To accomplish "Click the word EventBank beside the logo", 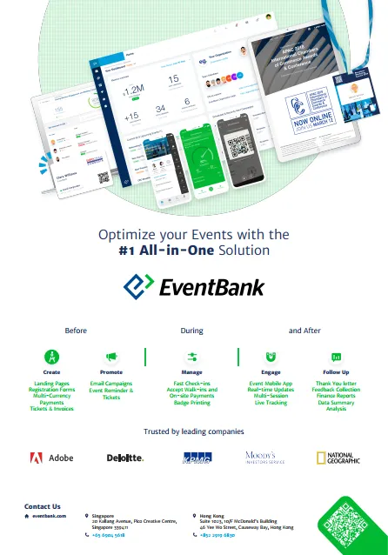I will [210, 286].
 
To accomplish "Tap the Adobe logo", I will [51, 458].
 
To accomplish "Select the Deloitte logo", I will [124, 458].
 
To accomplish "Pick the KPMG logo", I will [197, 458].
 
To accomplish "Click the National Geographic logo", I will [334, 458].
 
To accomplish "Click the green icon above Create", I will [51, 357].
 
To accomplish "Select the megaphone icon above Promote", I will [111, 357].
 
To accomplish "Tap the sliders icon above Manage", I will [193, 357].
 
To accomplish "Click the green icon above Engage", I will [271, 357].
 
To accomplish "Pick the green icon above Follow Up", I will [336, 357].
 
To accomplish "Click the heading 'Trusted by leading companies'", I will [193, 431].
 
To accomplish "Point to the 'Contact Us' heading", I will [43, 506].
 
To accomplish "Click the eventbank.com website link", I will [51, 516].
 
